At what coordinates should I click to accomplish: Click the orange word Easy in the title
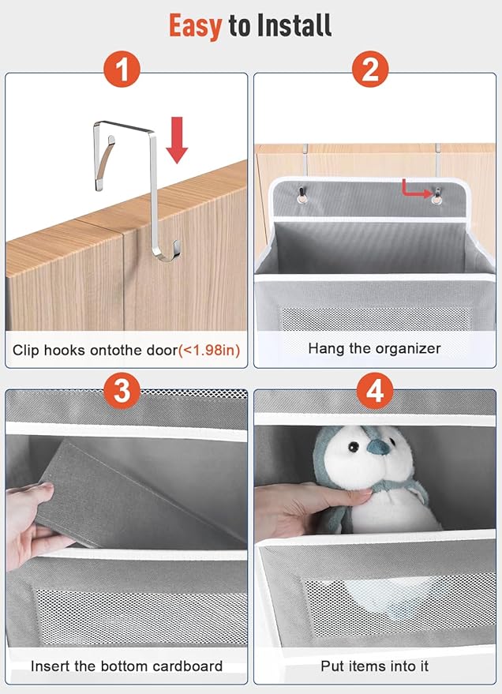coord(195,27)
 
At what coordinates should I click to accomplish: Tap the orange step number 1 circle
coord(122,69)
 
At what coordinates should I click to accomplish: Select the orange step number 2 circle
coord(370,69)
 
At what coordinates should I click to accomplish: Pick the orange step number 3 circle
coord(122,391)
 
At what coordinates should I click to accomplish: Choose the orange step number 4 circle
coord(375,391)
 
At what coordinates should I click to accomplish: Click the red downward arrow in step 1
coord(177,140)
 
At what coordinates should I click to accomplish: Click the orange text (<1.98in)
coord(209,351)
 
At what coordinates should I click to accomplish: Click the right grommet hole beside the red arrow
coord(436,200)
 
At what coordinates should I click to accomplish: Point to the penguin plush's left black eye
coord(353,447)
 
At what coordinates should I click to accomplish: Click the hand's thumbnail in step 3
coord(46,487)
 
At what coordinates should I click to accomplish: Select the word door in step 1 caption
coord(163,350)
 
